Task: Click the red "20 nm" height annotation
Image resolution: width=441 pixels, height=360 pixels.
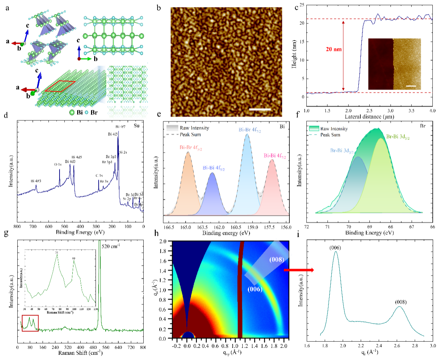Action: [334, 49]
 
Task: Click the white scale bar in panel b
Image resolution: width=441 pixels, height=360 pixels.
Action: [260, 110]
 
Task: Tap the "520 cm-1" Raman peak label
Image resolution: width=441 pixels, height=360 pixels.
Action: [111, 247]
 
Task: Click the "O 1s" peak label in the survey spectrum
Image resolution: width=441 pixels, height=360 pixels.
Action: [58, 165]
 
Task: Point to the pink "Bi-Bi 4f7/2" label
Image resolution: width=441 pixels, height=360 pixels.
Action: [275, 156]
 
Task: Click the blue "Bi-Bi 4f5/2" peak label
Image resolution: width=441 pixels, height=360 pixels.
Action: [214, 168]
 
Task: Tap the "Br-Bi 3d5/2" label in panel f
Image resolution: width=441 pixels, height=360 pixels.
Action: [398, 137]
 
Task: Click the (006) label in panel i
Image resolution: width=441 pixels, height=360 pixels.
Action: [335, 248]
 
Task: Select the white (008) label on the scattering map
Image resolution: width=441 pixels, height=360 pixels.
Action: [277, 259]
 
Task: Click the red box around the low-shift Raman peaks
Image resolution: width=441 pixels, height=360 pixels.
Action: [30, 323]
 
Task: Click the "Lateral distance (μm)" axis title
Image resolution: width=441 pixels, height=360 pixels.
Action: [369, 117]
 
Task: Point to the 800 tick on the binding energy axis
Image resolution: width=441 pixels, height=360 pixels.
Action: [17, 227]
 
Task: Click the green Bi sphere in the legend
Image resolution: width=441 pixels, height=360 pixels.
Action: [72, 112]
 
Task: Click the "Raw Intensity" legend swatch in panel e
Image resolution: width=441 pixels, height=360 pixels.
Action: [172, 128]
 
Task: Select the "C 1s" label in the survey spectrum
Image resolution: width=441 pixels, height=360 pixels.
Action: [99, 176]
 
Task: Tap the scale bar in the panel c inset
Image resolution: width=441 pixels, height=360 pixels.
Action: [411, 85]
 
